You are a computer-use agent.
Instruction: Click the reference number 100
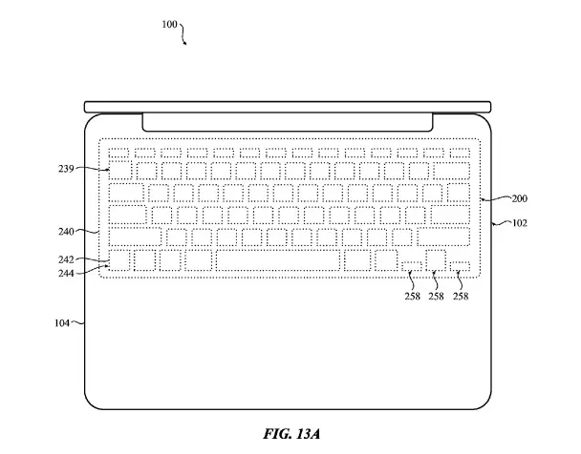point(169,25)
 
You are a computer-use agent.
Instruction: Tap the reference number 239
point(66,169)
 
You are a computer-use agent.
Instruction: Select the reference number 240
point(66,232)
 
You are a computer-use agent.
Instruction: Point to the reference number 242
point(66,259)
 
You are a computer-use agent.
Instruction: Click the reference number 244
point(66,274)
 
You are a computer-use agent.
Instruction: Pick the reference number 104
point(62,323)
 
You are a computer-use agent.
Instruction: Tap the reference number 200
point(519,198)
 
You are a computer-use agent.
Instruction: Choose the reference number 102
point(520,223)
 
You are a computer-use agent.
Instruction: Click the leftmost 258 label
point(413,296)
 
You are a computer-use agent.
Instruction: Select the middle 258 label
point(436,296)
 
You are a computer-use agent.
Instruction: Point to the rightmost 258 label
point(461,296)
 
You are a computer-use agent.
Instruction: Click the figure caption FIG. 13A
point(291,434)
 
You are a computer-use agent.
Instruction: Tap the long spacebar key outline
point(278,260)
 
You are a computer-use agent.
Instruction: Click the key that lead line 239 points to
point(120,171)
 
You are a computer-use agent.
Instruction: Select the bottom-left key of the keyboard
point(119,260)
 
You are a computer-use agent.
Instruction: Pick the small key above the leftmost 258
point(411,266)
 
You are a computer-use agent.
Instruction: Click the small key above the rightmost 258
point(460,266)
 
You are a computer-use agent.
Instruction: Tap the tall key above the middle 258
point(436,260)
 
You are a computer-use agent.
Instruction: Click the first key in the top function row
point(118,153)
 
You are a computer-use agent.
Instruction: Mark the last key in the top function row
point(460,153)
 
